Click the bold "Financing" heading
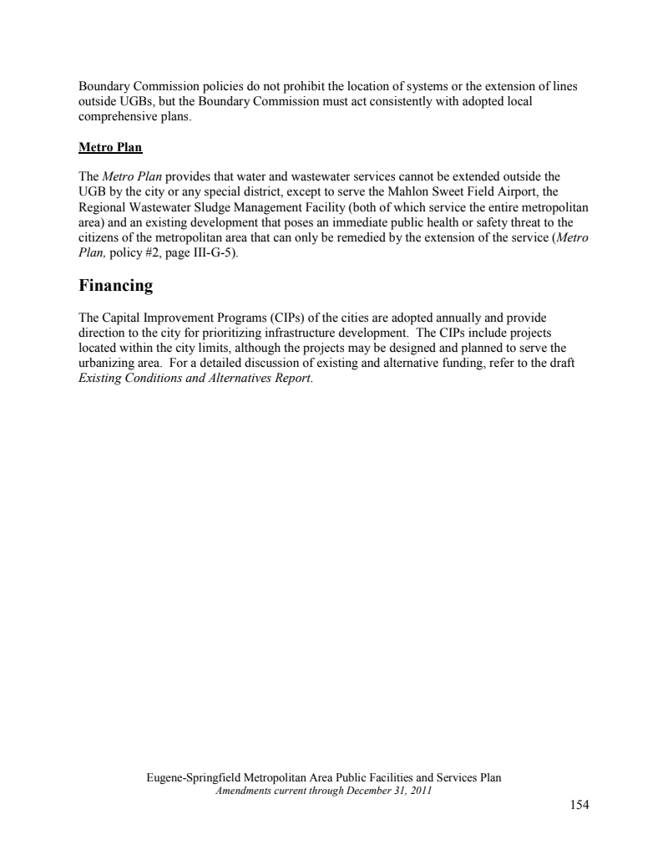coord(116,286)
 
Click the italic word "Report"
coord(291,378)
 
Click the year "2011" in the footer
coord(421,791)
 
